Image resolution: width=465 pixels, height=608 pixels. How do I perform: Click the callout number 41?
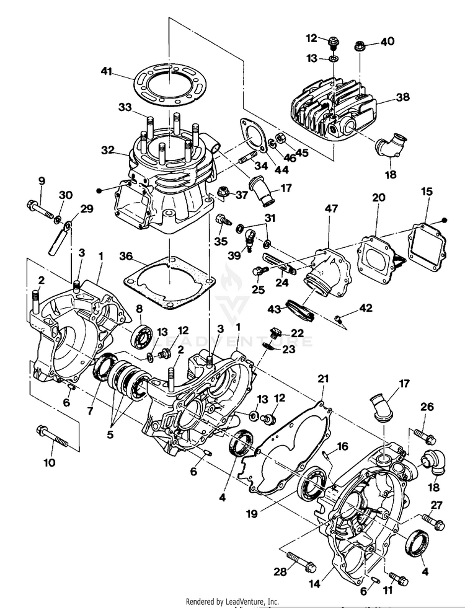click(x=106, y=71)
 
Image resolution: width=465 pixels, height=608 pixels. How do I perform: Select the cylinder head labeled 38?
click(x=333, y=110)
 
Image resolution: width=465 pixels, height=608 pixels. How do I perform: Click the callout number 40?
click(x=387, y=41)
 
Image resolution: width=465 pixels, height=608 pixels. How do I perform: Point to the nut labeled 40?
click(x=359, y=46)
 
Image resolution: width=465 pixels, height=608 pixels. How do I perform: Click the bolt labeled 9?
click(x=40, y=208)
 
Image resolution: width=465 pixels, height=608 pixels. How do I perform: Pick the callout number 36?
click(x=126, y=257)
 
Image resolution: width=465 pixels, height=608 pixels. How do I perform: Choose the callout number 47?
click(x=332, y=209)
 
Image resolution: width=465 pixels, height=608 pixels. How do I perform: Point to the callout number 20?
click(x=379, y=197)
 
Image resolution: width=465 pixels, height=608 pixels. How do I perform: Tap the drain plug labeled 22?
click(x=275, y=333)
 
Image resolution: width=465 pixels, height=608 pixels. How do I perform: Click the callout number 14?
click(x=314, y=584)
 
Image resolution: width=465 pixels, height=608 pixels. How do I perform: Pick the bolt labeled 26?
click(x=425, y=436)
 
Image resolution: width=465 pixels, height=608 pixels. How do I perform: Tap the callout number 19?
click(x=252, y=514)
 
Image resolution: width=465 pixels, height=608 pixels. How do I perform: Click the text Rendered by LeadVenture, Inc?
click(x=232, y=601)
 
